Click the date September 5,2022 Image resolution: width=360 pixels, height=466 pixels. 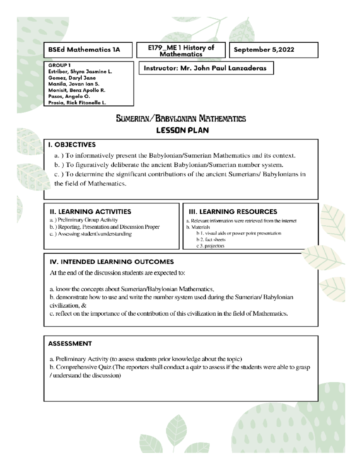[x=264, y=50]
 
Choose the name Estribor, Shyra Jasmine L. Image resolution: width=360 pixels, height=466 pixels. [x=80, y=72]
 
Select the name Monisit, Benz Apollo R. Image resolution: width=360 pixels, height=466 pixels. [x=76, y=90]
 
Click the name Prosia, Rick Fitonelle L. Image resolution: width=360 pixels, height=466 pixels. [x=77, y=103]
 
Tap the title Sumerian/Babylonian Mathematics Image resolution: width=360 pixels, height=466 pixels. [x=181, y=119]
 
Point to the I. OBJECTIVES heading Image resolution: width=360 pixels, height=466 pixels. [x=72, y=145]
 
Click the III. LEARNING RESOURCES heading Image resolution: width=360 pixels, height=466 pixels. [x=232, y=212]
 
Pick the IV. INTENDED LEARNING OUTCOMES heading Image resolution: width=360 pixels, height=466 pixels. [x=112, y=262]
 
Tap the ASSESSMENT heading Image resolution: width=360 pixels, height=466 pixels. [x=70, y=344]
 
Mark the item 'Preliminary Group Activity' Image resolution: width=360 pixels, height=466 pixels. [x=88, y=220]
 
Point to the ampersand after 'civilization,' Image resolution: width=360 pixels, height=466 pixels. [x=84, y=305]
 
